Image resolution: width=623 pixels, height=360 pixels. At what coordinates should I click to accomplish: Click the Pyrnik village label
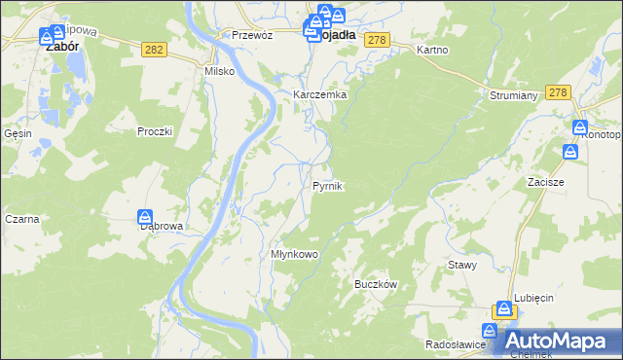[x=327, y=185]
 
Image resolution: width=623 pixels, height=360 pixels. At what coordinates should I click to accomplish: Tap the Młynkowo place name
[x=295, y=254]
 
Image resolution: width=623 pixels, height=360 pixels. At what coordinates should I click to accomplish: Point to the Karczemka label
[x=320, y=94]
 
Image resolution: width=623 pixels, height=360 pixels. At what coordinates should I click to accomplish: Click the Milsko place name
[x=219, y=71]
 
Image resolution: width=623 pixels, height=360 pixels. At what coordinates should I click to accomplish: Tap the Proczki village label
[x=155, y=131]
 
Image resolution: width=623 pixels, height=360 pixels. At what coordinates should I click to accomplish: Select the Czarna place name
[x=21, y=219]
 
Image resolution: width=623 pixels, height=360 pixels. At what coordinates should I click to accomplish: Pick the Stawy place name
[x=461, y=265]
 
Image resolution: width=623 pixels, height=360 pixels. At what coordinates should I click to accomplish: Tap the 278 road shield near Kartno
[x=379, y=39]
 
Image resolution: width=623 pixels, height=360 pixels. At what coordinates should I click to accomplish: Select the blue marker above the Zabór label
[x=47, y=37]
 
